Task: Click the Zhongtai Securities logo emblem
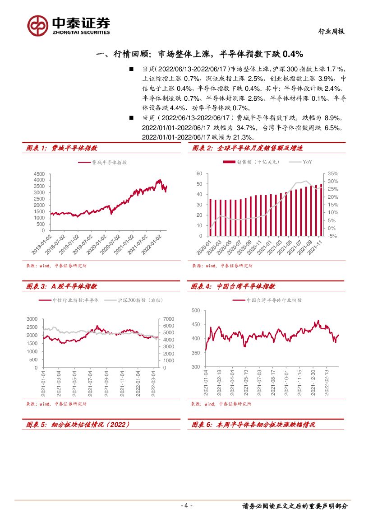37,25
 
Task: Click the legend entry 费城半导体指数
103,162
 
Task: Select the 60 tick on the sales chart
199,174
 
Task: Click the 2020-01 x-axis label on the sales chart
206,248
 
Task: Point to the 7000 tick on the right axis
168,319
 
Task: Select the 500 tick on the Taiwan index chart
195,311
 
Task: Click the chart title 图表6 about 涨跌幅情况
253,425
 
